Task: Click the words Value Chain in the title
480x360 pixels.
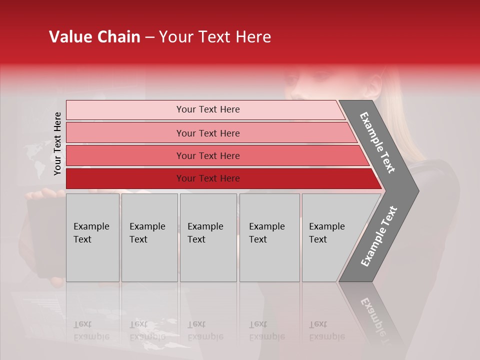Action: (x=94, y=37)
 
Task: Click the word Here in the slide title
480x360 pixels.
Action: (x=253, y=37)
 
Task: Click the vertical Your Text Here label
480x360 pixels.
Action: (x=57, y=143)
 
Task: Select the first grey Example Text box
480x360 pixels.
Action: (x=92, y=237)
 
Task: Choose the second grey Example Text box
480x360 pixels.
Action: (x=149, y=237)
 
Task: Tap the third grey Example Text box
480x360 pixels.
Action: (x=208, y=237)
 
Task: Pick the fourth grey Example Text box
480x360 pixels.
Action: (x=269, y=237)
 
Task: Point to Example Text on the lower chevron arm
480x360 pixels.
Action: (x=379, y=236)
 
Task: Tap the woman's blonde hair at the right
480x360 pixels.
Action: (x=397, y=125)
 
